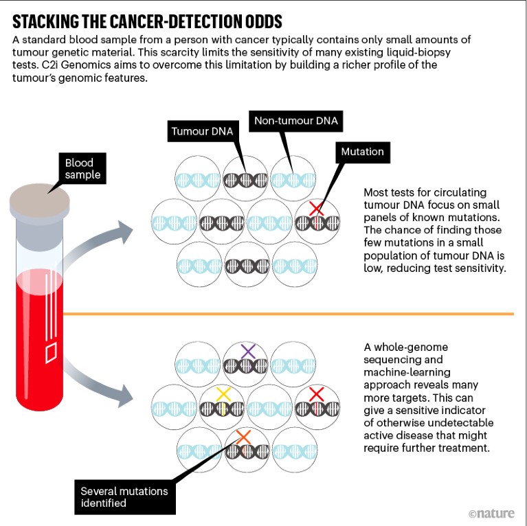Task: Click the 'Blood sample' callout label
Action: click(x=82, y=169)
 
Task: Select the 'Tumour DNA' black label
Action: click(x=202, y=130)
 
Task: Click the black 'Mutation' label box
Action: click(x=362, y=152)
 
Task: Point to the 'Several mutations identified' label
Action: click(x=124, y=497)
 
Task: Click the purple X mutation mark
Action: click(x=248, y=352)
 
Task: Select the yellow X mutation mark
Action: click(x=223, y=394)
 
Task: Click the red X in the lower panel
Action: click(x=317, y=393)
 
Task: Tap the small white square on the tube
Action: click(x=50, y=353)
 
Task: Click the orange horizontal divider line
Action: click(x=289, y=314)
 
